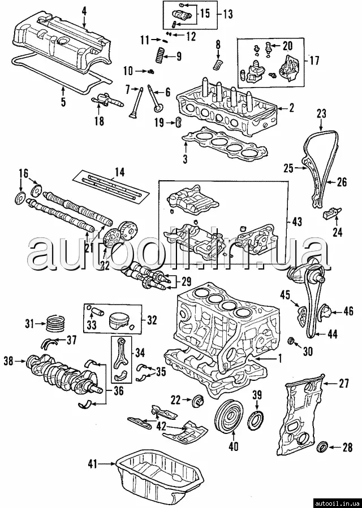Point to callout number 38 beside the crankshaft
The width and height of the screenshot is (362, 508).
coord(8,359)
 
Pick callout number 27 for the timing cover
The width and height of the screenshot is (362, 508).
coord(344,384)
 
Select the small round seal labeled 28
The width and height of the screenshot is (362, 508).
coord(324,448)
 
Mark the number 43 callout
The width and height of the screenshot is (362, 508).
coord(298,223)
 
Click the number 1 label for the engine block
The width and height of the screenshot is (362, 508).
coord(278,357)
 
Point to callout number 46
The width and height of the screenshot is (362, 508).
coord(348,311)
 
